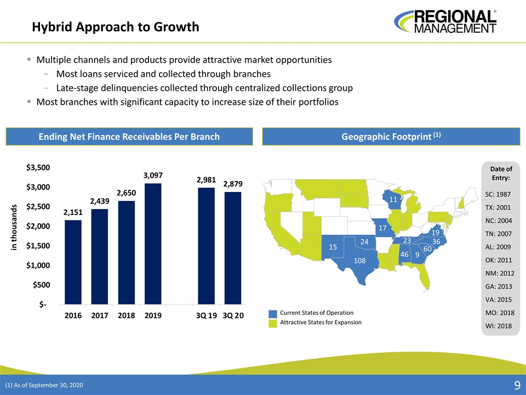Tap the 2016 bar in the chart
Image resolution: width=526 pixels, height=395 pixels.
(73, 262)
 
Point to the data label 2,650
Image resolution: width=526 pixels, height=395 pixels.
(126, 194)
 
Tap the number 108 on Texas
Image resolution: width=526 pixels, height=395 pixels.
(359, 261)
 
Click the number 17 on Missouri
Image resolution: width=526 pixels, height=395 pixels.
(382, 227)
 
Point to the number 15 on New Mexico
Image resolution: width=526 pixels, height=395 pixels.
(332, 247)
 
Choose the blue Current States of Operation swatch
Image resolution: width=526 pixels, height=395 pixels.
(273, 313)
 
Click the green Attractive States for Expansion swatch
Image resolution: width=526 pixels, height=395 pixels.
(273, 323)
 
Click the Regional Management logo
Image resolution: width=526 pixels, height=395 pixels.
(445, 21)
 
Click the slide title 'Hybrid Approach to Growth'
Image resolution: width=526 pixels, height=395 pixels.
(115, 26)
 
